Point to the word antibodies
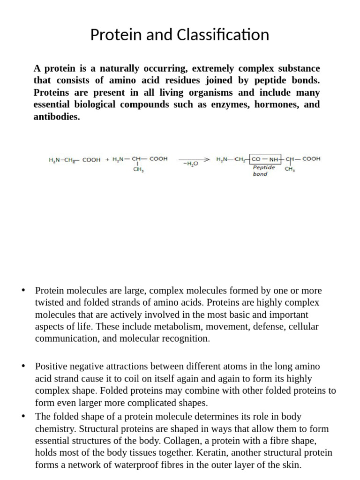click(x=57, y=116)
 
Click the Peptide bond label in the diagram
click(x=263, y=171)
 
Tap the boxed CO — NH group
click(x=265, y=159)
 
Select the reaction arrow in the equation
click(x=194, y=159)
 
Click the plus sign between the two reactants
click(x=107, y=159)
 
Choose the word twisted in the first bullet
click(x=50, y=303)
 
